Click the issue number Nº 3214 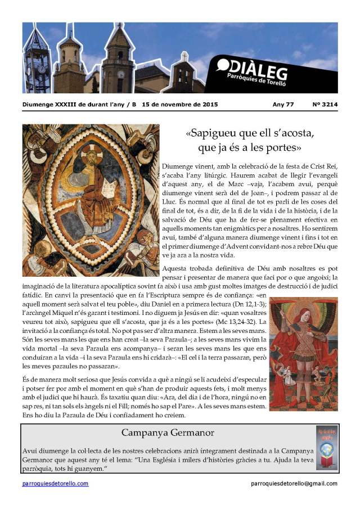coord(325,105)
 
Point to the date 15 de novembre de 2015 coord(179,105)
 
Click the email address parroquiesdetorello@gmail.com coord(294,484)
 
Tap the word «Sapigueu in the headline coord(211,135)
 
